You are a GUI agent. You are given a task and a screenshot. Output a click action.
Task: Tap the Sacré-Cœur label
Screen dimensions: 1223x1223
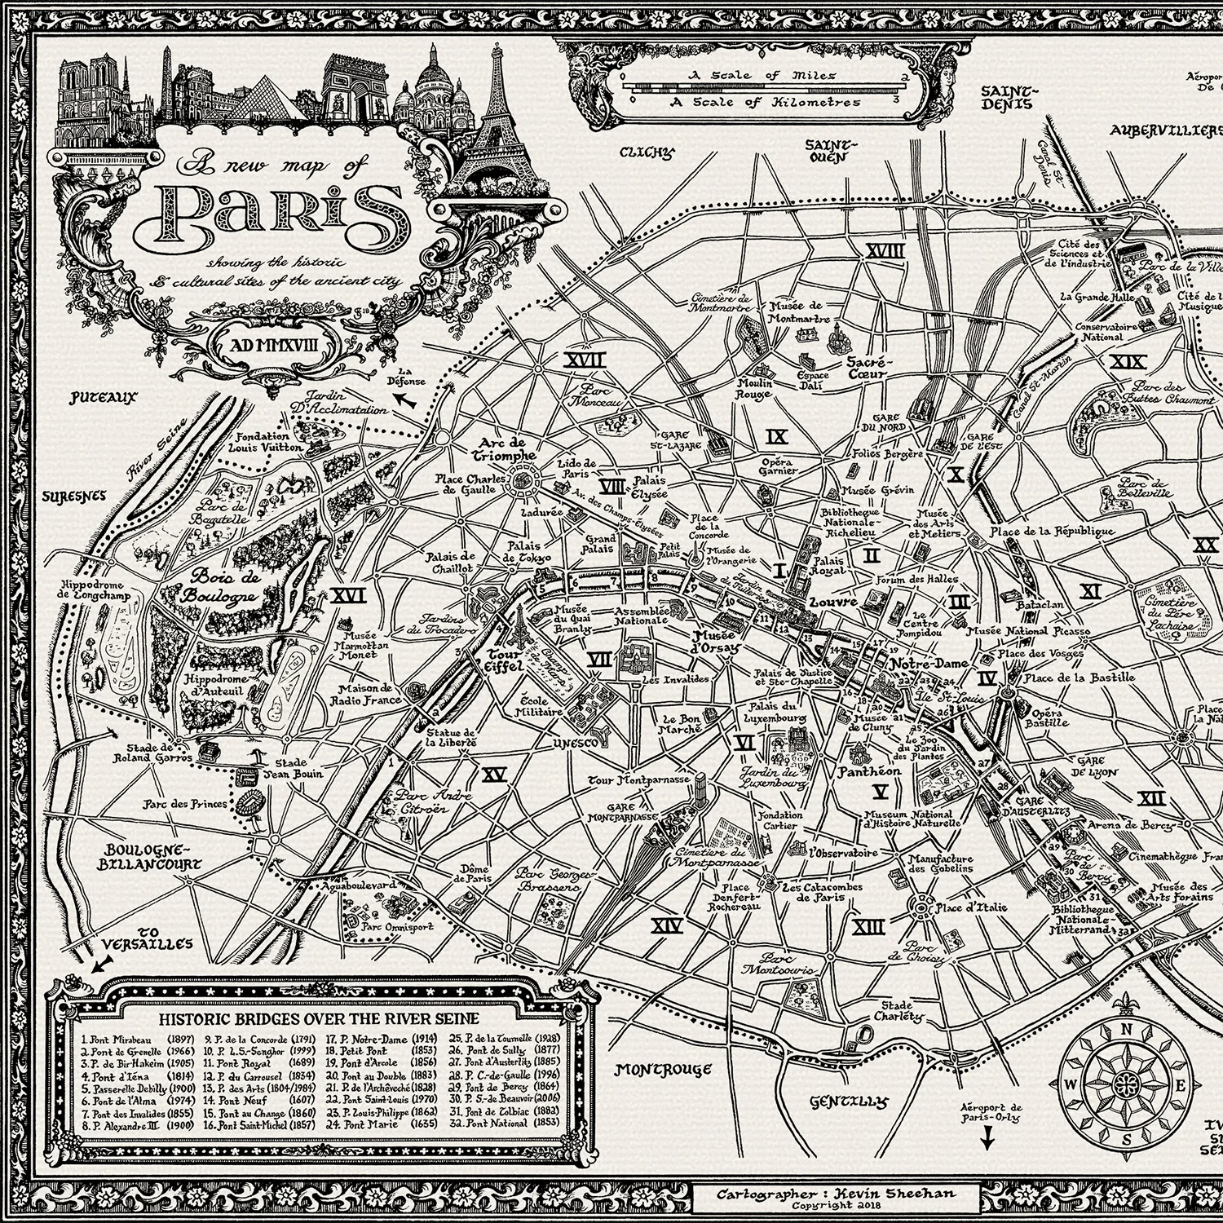pyautogui.click(x=870, y=368)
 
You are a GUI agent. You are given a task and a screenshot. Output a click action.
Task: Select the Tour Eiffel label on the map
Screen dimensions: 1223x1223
pyautogui.click(x=504, y=660)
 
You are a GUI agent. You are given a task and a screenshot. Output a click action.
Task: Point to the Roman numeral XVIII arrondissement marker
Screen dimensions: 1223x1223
pyautogui.click(x=885, y=250)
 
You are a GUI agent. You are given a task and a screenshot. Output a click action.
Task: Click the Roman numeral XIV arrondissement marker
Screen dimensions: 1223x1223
pyautogui.click(x=669, y=925)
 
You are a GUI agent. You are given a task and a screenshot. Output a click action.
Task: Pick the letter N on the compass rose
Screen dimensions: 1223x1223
pyautogui.click(x=1128, y=1029)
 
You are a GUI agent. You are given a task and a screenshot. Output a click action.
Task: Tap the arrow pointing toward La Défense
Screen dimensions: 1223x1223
pyautogui.click(x=400, y=399)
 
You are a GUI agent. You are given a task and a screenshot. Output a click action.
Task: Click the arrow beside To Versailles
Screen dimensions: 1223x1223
pyautogui.click(x=99, y=965)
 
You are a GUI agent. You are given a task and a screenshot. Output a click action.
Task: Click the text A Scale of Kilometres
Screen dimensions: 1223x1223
pyautogui.click(x=764, y=103)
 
